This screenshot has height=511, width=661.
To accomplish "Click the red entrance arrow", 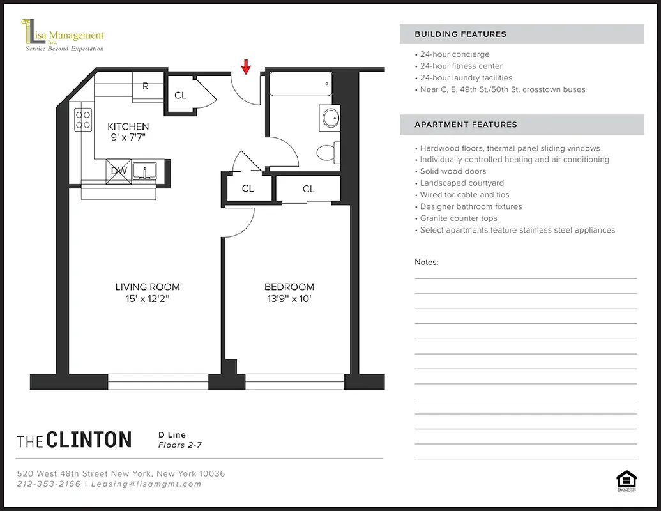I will pyautogui.click(x=246, y=66).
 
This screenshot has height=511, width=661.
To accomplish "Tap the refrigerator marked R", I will pyautogui.click(x=146, y=87).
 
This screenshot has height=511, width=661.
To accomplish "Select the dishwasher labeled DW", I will pyautogui.click(x=119, y=171).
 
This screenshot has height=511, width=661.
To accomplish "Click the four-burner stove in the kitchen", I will pyautogui.click(x=84, y=119).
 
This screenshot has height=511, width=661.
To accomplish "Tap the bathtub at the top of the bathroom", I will pyautogui.click(x=301, y=84).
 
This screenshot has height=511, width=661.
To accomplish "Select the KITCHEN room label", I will pyautogui.click(x=128, y=126).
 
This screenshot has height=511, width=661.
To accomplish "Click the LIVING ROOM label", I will pyautogui.click(x=148, y=287).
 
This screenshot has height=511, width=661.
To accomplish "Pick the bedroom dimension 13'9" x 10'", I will pyautogui.click(x=289, y=298).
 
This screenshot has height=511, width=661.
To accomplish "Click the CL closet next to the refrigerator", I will pyautogui.click(x=181, y=95).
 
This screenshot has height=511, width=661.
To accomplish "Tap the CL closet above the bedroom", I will pyautogui.click(x=308, y=188).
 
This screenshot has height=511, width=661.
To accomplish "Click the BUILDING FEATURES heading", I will pyautogui.click(x=460, y=34).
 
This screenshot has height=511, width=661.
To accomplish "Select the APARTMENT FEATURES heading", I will pyautogui.click(x=466, y=125).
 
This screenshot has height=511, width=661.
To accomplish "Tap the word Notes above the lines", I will pyautogui.click(x=427, y=262).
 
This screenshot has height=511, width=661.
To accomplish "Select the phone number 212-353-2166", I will pyautogui.click(x=49, y=484).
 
